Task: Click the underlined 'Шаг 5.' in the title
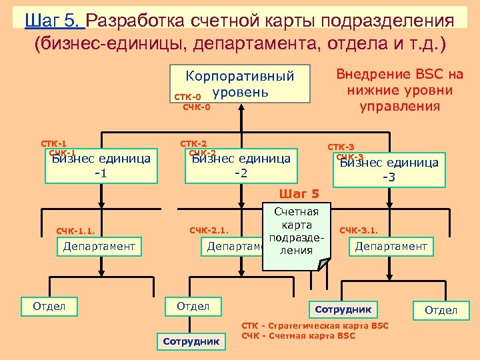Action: click(55, 20)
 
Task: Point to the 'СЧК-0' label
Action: click(197, 107)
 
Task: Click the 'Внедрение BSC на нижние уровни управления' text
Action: click(399, 90)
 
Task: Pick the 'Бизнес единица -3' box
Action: click(389, 170)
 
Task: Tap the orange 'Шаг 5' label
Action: click(299, 194)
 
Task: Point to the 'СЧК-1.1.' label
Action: click(75, 231)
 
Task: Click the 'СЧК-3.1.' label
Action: click(359, 231)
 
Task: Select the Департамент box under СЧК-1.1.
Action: click(99, 247)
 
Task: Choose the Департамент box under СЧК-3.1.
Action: click(391, 247)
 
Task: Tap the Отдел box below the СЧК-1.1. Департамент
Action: click(49, 307)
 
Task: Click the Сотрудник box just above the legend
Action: click(343, 309)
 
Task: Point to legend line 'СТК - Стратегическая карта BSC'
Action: click(315, 325)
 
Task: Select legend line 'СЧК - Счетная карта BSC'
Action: click(298, 336)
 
